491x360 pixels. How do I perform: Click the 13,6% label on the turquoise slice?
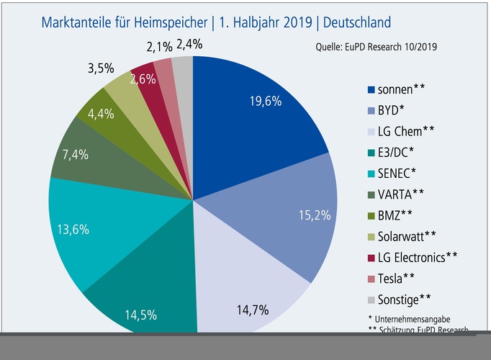73,230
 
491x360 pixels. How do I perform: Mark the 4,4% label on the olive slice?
101,114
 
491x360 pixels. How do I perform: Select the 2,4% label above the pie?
189,44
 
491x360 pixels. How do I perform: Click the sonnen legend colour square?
371,89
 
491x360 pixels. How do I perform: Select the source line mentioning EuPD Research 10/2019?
377,48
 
